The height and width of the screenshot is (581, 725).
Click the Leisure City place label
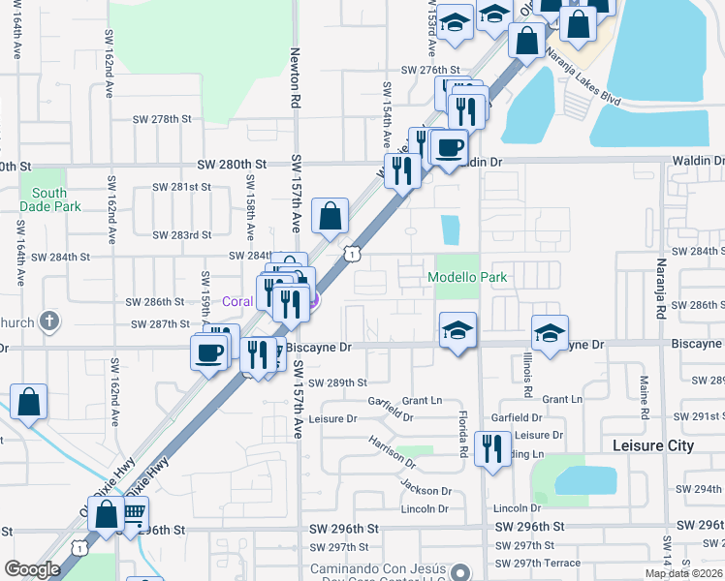pyautogui.click(x=654, y=445)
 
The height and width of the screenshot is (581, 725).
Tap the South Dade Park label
pyautogui.click(x=43, y=199)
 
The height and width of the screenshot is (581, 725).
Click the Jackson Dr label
pyautogui.click(x=426, y=492)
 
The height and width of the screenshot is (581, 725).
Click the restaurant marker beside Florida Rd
pyautogui.click(x=492, y=449)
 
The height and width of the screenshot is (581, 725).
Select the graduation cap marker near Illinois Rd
pyautogui.click(x=549, y=334)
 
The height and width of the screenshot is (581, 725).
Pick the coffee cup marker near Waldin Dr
pyautogui.click(x=449, y=149)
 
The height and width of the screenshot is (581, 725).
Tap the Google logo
pyautogui.click(x=32, y=569)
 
